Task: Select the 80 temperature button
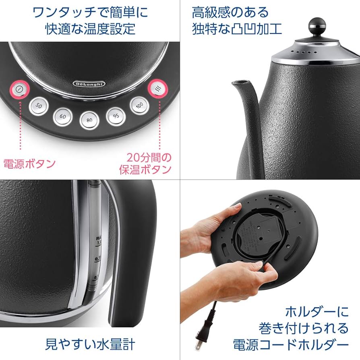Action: (x=89, y=120)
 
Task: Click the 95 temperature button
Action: (x=116, y=116)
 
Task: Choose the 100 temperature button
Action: (x=139, y=106)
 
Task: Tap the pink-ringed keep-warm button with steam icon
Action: (x=157, y=89)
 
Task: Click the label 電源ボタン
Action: (x=29, y=163)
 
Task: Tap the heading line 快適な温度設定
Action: (x=90, y=29)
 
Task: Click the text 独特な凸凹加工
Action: (x=237, y=29)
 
